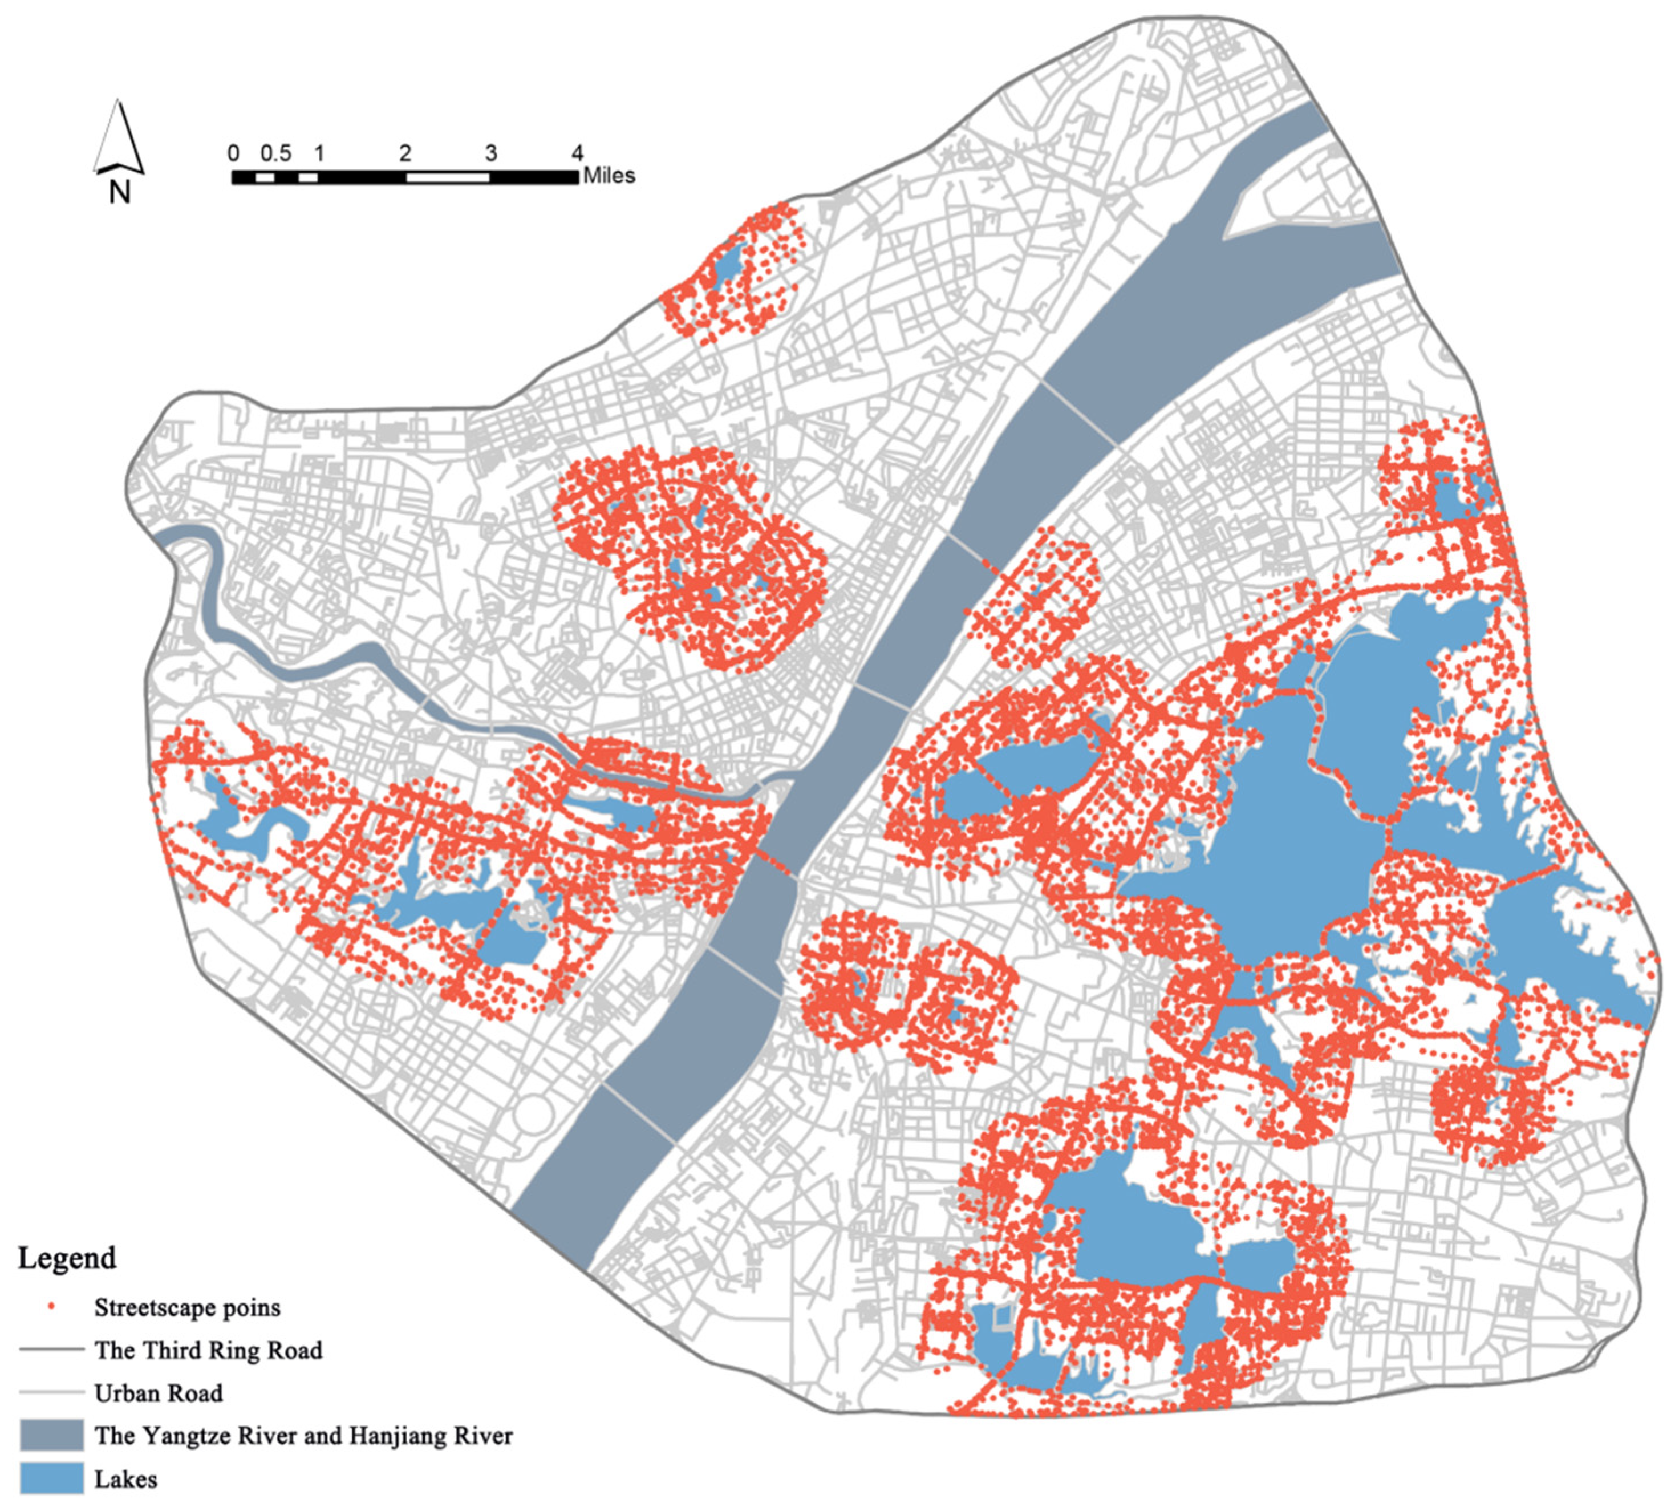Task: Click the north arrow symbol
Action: point(119,137)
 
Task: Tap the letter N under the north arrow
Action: point(120,192)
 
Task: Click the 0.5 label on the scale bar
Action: point(275,153)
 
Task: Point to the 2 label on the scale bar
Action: point(405,153)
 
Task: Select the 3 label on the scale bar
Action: point(491,153)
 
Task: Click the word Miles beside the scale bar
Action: point(609,176)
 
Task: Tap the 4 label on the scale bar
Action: point(577,153)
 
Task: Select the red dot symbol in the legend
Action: point(51,1307)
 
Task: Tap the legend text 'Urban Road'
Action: point(158,1393)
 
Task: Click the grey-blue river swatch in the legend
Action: point(51,1435)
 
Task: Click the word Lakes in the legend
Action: point(126,1479)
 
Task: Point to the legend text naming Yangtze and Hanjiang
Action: point(303,1436)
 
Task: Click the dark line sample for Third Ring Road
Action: point(51,1350)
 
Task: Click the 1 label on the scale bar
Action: point(319,153)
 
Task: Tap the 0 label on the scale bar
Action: point(233,153)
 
